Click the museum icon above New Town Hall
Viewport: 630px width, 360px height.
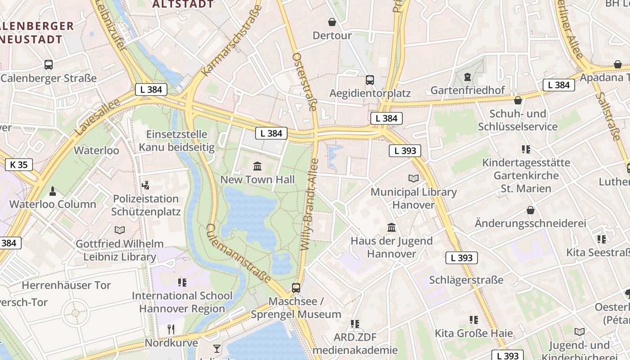pyautogui.click(x=257, y=166)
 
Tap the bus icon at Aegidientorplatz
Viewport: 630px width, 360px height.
pyautogui.click(x=370, y=80)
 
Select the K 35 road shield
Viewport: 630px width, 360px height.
pyautogui.click(x=19, y=165)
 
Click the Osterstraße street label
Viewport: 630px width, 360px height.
pyautogui.click(x=305, y=81)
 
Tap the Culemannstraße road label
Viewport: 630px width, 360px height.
pyautogui.click(x=238, y=253)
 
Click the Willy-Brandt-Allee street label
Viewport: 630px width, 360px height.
pyautogui.click(x=310, y=205)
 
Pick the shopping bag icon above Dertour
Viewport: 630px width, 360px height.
pyautogui.click(x=332, y=22)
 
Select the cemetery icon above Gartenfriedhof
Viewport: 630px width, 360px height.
pyautogui.click(x=467, y=77)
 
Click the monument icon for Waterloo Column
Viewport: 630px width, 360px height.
pyautogui.click(x=53, y=191)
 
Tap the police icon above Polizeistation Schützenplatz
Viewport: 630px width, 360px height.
pyautogui.click(x=145, y=185)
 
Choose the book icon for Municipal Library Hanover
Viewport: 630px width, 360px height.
pyautogui.click(x=413, y=179)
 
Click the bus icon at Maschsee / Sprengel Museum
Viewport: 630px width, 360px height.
pyautogui.click(x=296, y=288)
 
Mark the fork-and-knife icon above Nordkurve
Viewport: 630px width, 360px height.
pyautogui.click(x=171, y=329)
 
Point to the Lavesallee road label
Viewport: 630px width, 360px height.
pyautogui.click(x=98, y=117)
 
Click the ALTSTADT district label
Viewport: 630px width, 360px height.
pyautogui.click(x=183, y=4)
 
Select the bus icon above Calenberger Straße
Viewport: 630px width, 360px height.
pyautogui.click(x=49, y=65)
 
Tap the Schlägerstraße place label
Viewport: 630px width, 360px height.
pyautogui.click(x=466, y=280)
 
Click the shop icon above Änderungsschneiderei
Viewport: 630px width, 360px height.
pyautogui.click(x=531, y=210)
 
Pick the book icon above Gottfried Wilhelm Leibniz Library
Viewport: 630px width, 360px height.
pyautogui.click(x=119, y=230)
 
